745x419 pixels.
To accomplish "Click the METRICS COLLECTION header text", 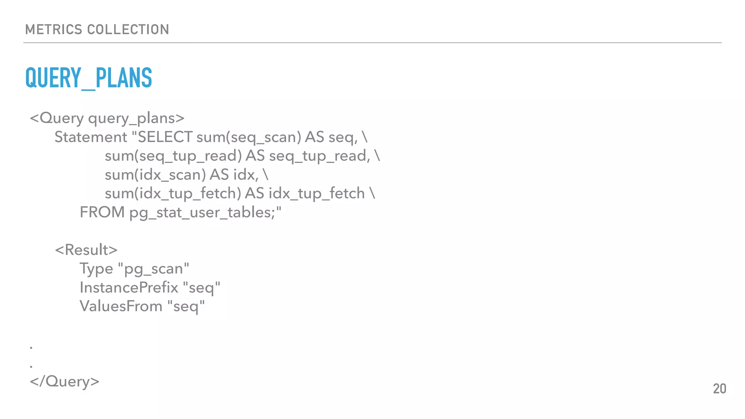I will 97,29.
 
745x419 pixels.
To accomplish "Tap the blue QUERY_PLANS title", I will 89,78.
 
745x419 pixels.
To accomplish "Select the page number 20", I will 719,389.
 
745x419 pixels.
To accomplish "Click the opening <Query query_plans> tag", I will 107,118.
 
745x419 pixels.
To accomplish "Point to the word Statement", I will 91,137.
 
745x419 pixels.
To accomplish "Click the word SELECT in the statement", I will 165,137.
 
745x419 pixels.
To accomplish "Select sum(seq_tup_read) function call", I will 173,156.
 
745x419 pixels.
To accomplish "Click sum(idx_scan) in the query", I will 155,175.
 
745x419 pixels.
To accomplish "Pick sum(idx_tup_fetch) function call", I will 173,193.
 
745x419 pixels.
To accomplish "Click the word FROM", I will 102,212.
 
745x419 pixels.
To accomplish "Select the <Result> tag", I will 86,250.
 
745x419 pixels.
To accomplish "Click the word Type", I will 96,269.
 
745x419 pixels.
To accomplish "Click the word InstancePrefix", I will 129,288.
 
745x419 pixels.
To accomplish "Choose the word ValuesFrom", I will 121,306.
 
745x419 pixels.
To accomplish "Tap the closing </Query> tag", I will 64,382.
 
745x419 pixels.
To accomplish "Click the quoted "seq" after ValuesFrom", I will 186,307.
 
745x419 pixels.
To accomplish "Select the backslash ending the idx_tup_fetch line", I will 372,193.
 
